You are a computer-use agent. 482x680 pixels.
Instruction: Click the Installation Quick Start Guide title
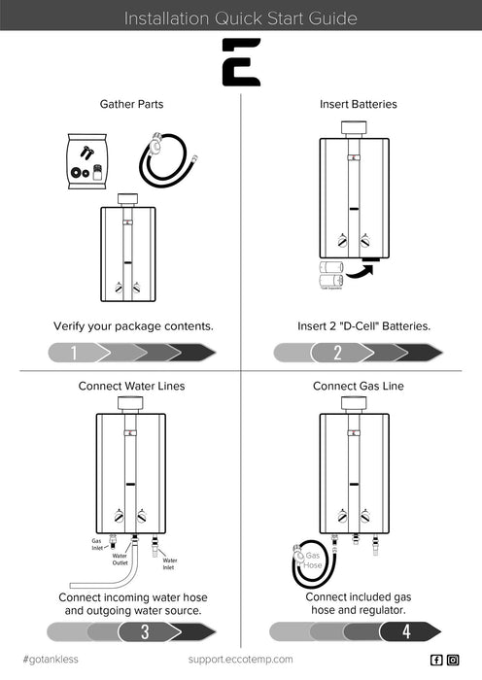tap(241, 17)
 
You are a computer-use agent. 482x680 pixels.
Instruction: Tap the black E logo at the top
tap(241, 62)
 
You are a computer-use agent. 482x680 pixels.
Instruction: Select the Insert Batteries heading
tap(358, 104)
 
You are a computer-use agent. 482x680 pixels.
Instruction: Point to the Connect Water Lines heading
tap(131, 386)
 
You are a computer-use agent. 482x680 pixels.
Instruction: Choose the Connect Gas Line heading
tap(358, 386)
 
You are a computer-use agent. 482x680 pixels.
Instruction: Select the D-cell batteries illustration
tap(331, 274)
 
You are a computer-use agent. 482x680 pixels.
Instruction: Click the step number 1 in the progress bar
tap(74, 353)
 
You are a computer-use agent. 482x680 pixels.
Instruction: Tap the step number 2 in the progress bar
tap(338, 353)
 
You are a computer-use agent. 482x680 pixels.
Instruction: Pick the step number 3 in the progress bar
tap(145, 632)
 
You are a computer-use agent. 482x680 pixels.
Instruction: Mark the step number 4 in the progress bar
tap(407, 632)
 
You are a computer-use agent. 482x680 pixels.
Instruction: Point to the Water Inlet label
tap(169, 561)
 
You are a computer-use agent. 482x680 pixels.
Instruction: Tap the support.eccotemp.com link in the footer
tap(240, 660)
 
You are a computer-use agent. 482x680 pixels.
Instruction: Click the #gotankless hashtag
tap(51, 660)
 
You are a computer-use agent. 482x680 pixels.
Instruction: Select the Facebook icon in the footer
tap(436, 660)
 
